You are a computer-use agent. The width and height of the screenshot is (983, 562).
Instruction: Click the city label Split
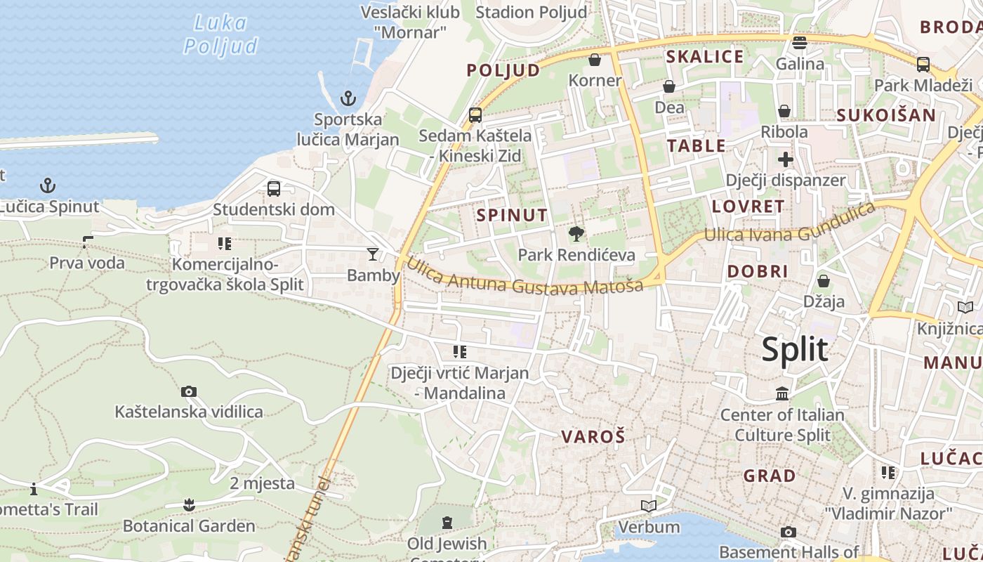pos(795,349)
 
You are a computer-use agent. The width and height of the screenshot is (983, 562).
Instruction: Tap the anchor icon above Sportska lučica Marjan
pos(348,98)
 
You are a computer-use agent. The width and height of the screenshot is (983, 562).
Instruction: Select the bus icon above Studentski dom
pos(274,188)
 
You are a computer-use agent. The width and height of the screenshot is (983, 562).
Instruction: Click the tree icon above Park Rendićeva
pos(576,233)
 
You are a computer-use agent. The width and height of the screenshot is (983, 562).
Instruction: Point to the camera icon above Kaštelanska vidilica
pos(188,391)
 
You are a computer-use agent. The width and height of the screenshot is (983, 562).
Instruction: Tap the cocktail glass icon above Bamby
pos(372,254)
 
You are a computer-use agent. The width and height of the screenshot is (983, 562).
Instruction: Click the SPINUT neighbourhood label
pos(512,215)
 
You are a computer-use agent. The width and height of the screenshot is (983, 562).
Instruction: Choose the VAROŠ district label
pos(593,436)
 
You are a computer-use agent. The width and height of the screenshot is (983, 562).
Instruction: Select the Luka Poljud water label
pos(220,34)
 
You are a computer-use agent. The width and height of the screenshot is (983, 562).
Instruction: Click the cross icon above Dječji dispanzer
pos(785,159)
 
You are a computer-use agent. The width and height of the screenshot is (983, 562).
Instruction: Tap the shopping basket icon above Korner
pos(595,60)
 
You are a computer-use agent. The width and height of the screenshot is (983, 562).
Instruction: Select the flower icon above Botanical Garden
pos(188,504)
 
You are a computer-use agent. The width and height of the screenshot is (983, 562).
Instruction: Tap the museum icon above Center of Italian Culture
pos(782,393)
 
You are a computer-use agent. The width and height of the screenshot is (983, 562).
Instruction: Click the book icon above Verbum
pos(649,506)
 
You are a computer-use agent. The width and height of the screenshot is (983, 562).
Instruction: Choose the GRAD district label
pos(770,476)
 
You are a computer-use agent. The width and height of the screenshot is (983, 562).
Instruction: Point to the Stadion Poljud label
pos(531,12)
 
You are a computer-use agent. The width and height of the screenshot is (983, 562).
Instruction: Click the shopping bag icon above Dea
pos(669,86)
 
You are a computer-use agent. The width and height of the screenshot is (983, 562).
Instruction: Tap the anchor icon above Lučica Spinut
pos(47,185)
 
